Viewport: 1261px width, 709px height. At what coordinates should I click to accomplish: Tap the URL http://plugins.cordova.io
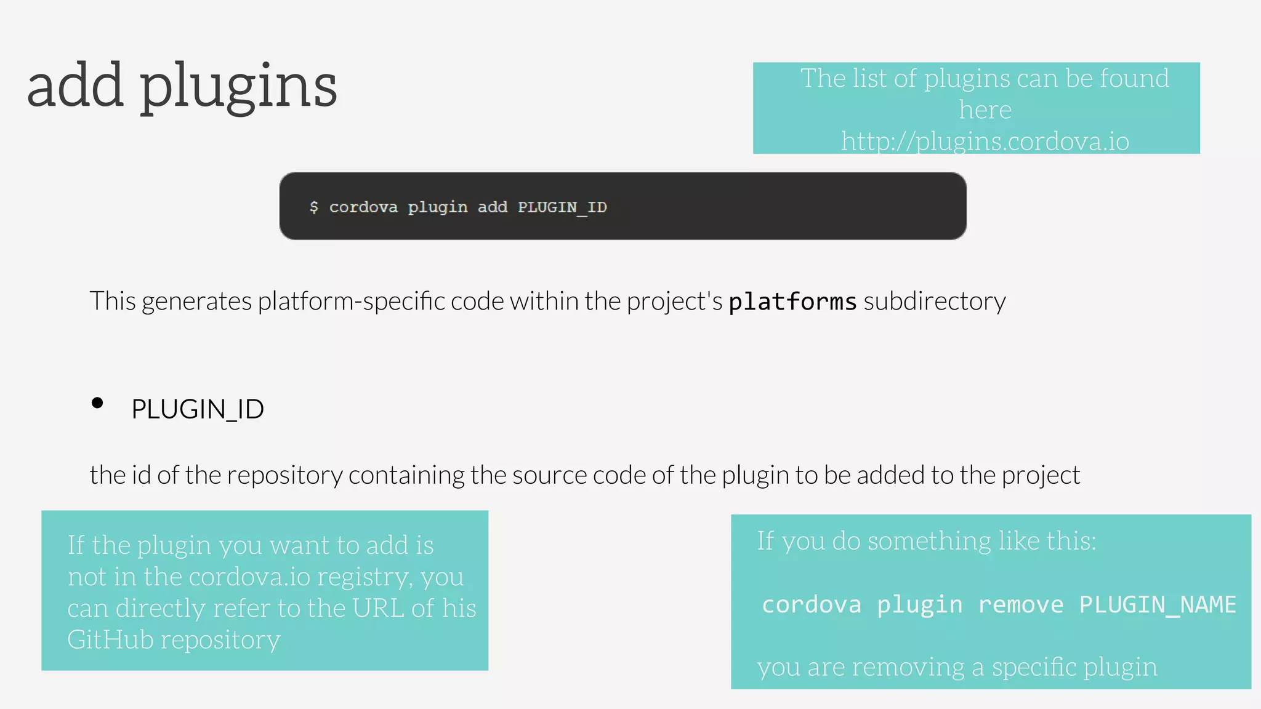click(x=985, y=142)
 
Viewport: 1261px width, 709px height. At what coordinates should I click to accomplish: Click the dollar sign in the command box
click(x=314, y=207)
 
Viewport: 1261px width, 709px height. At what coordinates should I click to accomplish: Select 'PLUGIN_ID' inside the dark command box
click(x=562, y=207)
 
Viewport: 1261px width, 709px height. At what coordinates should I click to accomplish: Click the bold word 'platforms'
click(x=792, y=302)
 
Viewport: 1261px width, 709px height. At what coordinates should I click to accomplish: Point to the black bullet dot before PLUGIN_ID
click(x=97, y=403)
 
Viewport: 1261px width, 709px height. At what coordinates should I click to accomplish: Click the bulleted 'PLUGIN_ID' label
click(x=198, y=409)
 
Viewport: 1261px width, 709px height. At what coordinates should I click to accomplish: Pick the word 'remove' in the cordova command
click(x=1020, y=604)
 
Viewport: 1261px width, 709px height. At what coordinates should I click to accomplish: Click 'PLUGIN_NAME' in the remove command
click(x=1158, y=604)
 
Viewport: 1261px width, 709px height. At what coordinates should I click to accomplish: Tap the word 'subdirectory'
click(x=935, y=302)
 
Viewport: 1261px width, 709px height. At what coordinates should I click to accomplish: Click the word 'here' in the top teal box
click(x=985, y=110)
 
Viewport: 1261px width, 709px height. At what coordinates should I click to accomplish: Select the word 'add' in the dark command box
click(x=493, y=207)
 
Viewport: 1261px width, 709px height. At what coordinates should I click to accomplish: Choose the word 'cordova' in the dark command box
click(x=363, y=207)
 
